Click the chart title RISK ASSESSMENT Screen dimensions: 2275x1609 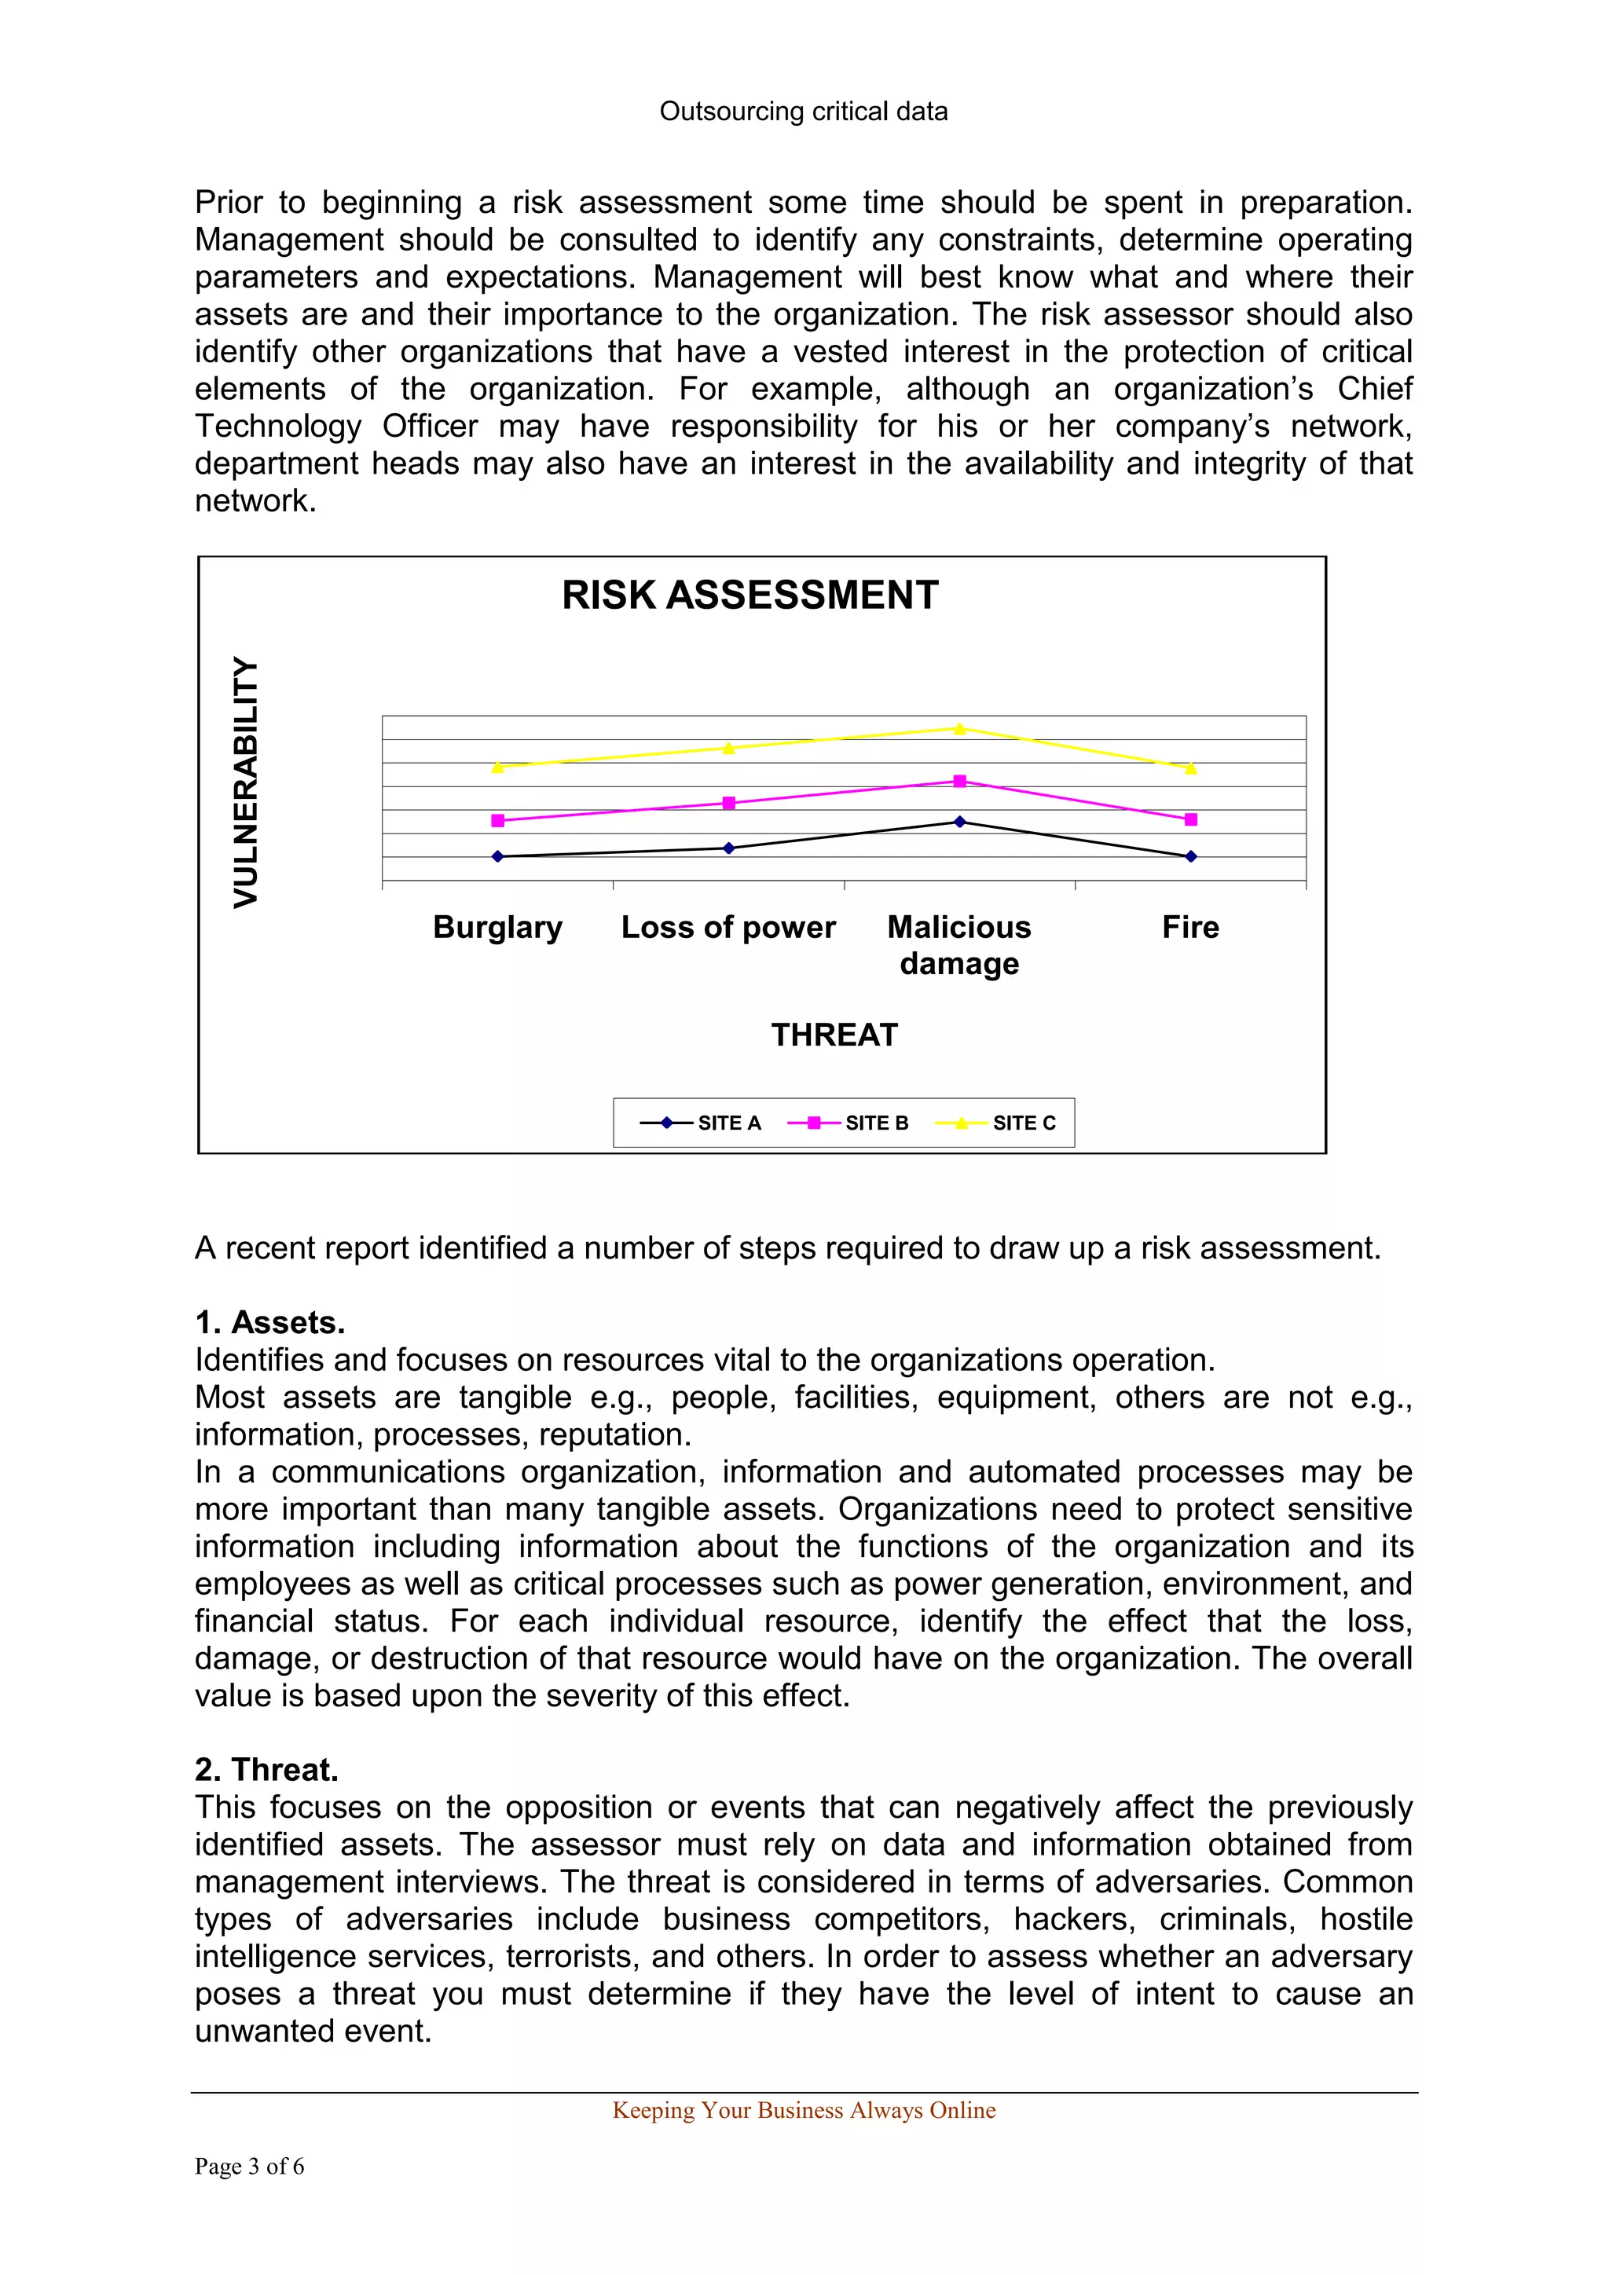pos(750,595)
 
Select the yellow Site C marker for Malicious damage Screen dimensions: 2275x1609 pos(959,729)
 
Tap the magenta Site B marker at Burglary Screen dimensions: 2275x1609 pos(497,820)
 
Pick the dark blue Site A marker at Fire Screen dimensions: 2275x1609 pos(1191,856)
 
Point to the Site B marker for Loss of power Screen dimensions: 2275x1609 pos(729,804)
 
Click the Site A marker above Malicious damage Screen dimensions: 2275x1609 pos(959,822)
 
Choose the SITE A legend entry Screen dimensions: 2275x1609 pos(702,1123)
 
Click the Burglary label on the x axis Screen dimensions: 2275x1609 pos(497,928)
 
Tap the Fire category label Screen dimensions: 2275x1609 pos(1190,928)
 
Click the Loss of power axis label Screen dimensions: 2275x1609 pos(728,928)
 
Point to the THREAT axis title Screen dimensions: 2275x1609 pos(834,1035)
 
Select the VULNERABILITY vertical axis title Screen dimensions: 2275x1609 pos(246,782)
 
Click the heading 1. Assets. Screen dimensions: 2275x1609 pos(269,1323)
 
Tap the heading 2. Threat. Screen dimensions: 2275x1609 pos(266,1770)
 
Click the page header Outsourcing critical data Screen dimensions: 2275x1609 pos(804,112)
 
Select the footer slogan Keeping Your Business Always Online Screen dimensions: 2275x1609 pos(804,2111)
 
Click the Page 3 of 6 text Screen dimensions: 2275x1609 pos(249,2167)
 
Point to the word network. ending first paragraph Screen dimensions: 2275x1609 pos(255,501)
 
